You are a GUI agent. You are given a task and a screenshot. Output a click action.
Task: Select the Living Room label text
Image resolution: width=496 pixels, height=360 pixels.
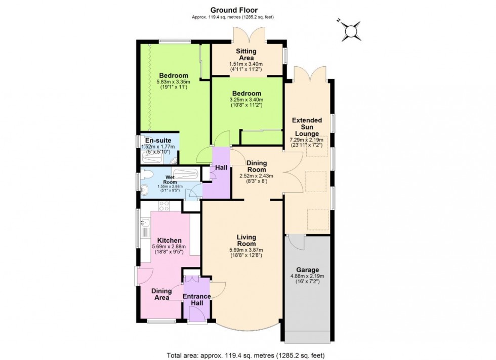click(x=246, y=241)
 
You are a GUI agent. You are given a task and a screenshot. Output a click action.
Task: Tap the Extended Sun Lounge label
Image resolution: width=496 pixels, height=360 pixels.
click(x=307, y=127)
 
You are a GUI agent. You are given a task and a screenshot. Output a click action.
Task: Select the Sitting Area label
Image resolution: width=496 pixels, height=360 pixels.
click(x=246, y=55)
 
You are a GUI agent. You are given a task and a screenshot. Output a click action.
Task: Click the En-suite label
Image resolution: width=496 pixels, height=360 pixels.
click(x=153, y=141)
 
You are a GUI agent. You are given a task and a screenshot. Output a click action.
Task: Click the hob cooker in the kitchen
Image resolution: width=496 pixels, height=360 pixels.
click(x=164, y=206)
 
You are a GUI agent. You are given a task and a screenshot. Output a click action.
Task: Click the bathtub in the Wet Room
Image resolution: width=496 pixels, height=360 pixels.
click(x=185, y=174)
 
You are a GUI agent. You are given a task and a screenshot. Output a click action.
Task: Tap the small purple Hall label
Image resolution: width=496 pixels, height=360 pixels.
click(x=221, y=167)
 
